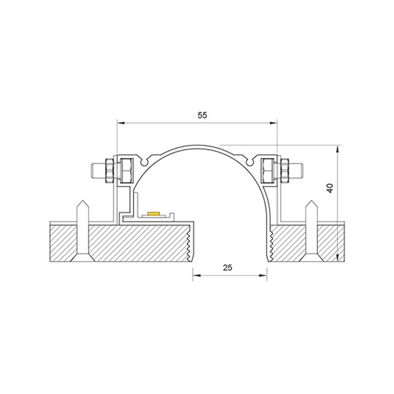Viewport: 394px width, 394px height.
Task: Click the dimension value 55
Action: [202, 115]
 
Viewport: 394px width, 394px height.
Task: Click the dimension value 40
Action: [330, 188]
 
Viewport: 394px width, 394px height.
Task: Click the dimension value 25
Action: [228, 267]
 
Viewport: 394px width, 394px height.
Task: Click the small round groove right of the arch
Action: [249, 162]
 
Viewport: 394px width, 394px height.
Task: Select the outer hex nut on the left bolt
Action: [109, 171]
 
